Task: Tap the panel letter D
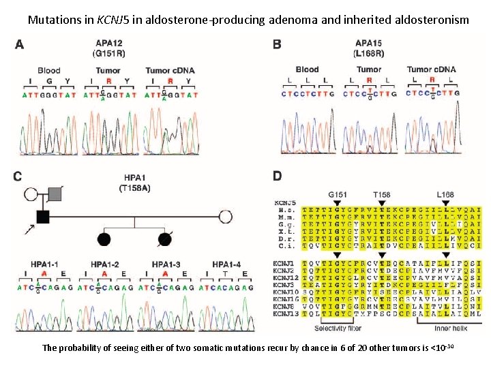[277, 176]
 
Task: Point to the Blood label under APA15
[307, 70]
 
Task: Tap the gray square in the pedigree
[55, 194]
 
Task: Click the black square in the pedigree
[42, 217]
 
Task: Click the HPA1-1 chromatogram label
[44, 264]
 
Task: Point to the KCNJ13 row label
[286, 314]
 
